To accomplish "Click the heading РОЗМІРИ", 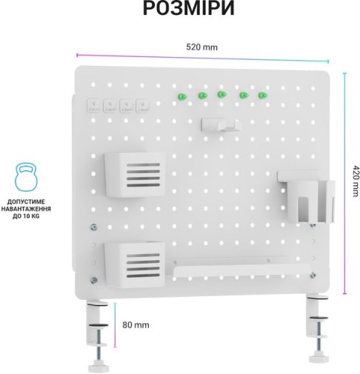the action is click(188, 8).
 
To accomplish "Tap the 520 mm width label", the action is click(201, 47).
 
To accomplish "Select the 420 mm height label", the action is click(355, 181).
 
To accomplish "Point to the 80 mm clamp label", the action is click(136, 325).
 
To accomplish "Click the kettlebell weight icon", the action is click(26, 177).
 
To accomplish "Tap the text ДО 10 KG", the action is click(26, 216).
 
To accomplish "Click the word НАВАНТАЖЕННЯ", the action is click(26, 209).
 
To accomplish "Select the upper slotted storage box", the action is click(135, 175).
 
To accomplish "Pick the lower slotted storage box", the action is click(135, 264).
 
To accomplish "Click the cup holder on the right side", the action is click(307, 196).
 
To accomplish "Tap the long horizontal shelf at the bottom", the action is click(241, 271).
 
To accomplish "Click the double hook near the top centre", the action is click(221, 125).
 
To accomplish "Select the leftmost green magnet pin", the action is click(182, 96).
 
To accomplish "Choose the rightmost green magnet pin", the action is click(262, 96).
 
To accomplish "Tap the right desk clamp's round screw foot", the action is click(319, 358).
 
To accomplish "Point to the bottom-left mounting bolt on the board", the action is click(93, 280).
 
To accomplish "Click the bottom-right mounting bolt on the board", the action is click(313, 275).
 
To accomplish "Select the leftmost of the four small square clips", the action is click(94, 106).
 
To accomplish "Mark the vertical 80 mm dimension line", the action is click(115, 325).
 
